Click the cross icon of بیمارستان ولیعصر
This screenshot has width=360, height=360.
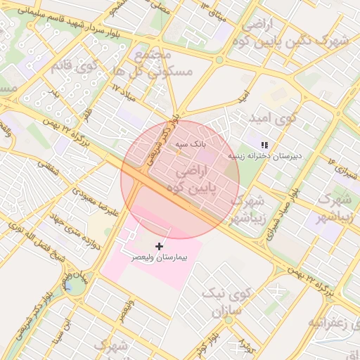click(x=160, y=246)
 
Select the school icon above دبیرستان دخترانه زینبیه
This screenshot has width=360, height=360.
click(x=264, y=144)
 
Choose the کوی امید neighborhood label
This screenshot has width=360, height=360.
click(x=278, y=120)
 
